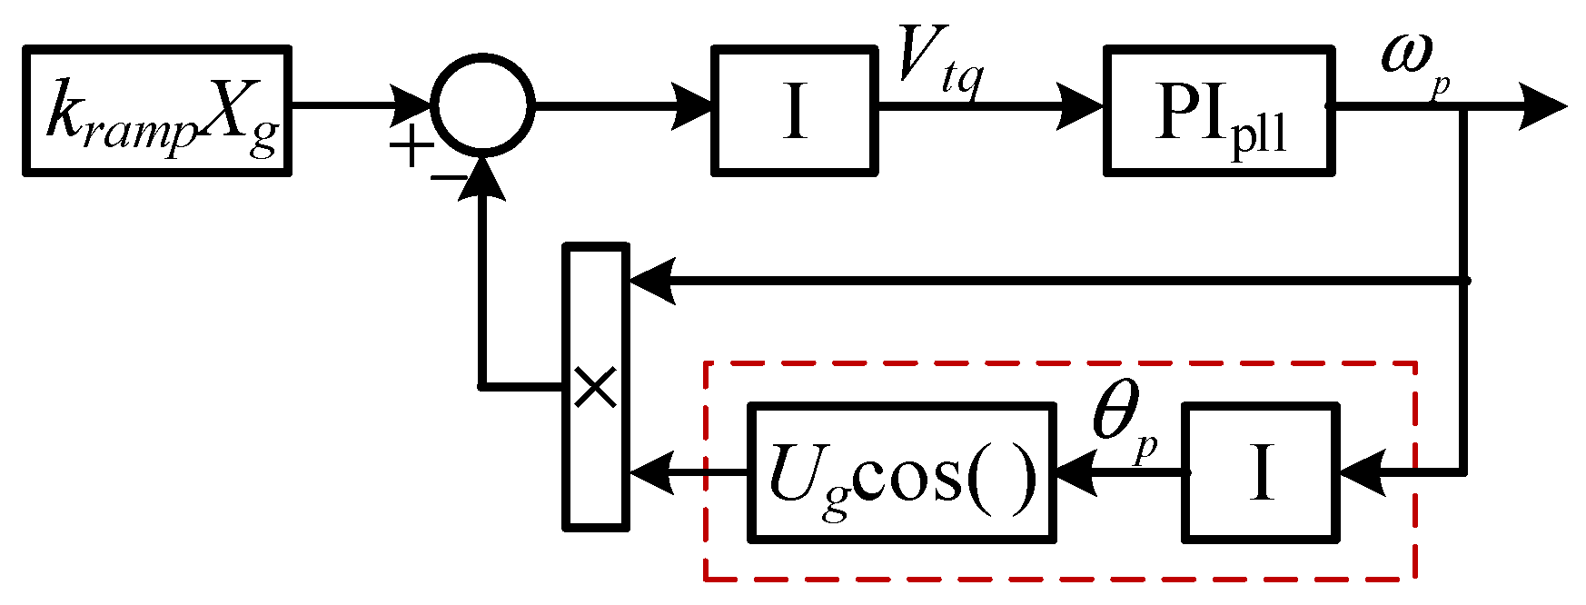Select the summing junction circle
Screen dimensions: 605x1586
tap(482, 106)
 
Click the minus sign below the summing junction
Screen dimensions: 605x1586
tap(448, 178)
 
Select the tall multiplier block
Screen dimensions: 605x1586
tap(596, 385)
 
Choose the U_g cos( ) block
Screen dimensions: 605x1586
tap(901, 472)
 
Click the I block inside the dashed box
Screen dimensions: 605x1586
tap(1260, 472)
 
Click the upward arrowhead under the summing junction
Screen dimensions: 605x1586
tap(482, 177)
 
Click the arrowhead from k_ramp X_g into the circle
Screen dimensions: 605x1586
tap(412, 107)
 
